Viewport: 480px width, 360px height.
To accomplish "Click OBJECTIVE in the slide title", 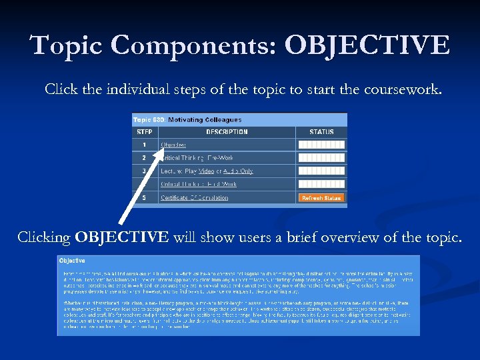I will coord(367,46).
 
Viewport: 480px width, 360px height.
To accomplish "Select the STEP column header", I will coord(144,132).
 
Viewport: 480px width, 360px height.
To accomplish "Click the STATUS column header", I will coord(321,132).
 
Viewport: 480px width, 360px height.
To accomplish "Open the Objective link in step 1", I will coord(173,145).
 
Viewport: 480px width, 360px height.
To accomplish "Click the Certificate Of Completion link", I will coord(194,198).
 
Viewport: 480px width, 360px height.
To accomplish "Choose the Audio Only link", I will coord(238,171).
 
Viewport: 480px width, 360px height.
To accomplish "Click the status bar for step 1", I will coord(321,145).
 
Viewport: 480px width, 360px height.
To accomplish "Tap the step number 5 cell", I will coord(144,198).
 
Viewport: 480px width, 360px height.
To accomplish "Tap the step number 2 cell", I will coord(144,158).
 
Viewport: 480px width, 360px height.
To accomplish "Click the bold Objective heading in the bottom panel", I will coord(72,260).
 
